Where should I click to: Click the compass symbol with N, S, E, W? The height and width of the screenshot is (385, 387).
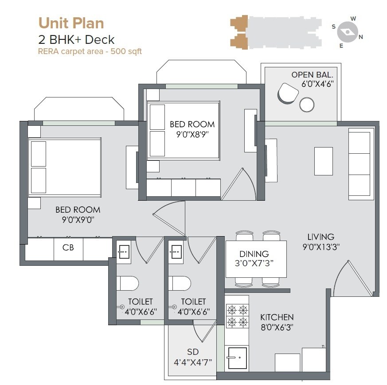point(347,32)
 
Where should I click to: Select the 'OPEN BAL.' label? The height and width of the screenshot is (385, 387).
point(312,74)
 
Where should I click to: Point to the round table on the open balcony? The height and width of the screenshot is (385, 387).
point(307,105)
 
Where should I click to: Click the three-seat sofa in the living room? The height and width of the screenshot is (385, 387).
point(359,164)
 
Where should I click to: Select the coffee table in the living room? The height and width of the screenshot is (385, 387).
point(323,161)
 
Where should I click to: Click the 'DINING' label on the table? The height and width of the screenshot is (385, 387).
point(254,254)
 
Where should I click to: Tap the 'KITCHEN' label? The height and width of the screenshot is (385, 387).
point(277,317)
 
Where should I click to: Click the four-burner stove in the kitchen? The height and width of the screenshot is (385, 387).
point(237,315)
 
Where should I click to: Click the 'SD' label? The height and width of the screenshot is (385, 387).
point(192,352)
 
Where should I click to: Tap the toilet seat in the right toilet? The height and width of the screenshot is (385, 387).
point(180,283)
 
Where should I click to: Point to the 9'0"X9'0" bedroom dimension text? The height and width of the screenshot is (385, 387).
point(78,219)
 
